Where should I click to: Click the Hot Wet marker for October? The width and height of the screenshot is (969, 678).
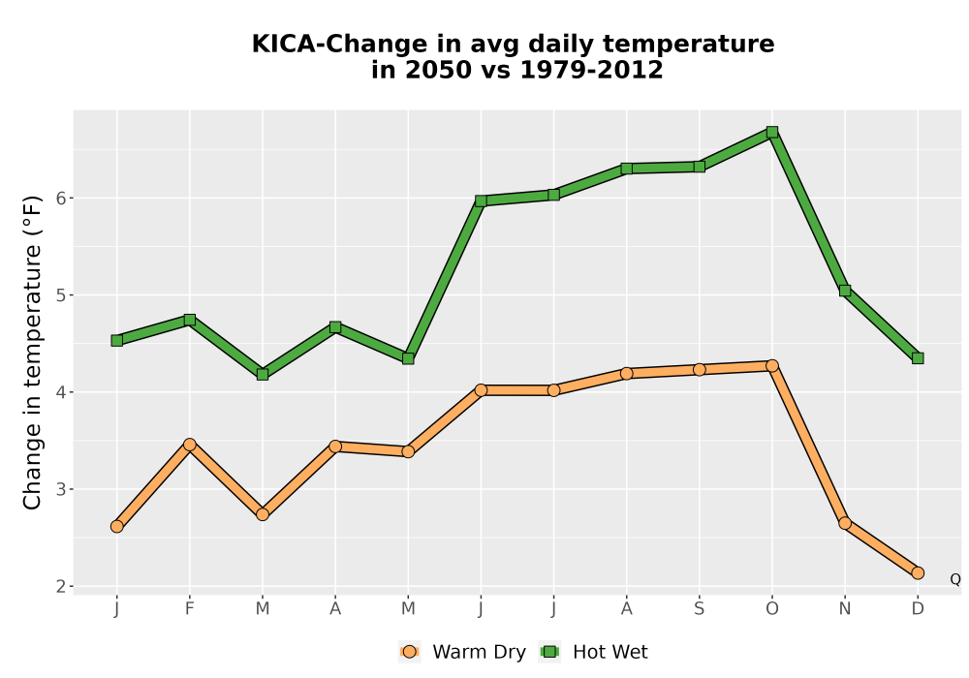[772, 132]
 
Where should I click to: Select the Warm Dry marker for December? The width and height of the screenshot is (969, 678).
[918, 573]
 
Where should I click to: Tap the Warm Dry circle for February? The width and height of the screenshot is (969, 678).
[190, 445]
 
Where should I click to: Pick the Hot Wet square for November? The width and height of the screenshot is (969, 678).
[845, 291]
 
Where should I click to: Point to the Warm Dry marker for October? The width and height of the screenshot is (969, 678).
[772, 365]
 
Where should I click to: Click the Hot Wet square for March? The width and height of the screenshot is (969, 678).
[263, 374]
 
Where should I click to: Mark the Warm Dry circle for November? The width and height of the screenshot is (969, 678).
[845, 523]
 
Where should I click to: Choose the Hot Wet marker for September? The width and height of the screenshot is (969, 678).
[699, 167]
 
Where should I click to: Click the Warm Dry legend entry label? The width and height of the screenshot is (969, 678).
[479, 652]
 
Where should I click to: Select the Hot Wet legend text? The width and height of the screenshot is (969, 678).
[610, 652]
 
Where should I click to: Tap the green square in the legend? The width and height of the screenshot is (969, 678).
[549, 652]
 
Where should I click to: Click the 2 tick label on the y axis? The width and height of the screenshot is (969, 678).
[61, 587]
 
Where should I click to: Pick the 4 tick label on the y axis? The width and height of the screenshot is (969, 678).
[61, 392]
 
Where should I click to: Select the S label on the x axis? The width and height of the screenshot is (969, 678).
[699, 609]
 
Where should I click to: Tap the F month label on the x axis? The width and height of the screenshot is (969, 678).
[190, 609]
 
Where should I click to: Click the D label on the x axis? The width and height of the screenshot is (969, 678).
[918, 609]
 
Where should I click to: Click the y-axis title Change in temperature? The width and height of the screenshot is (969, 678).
[32, 353]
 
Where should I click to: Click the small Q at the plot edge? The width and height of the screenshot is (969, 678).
[955, 579]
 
